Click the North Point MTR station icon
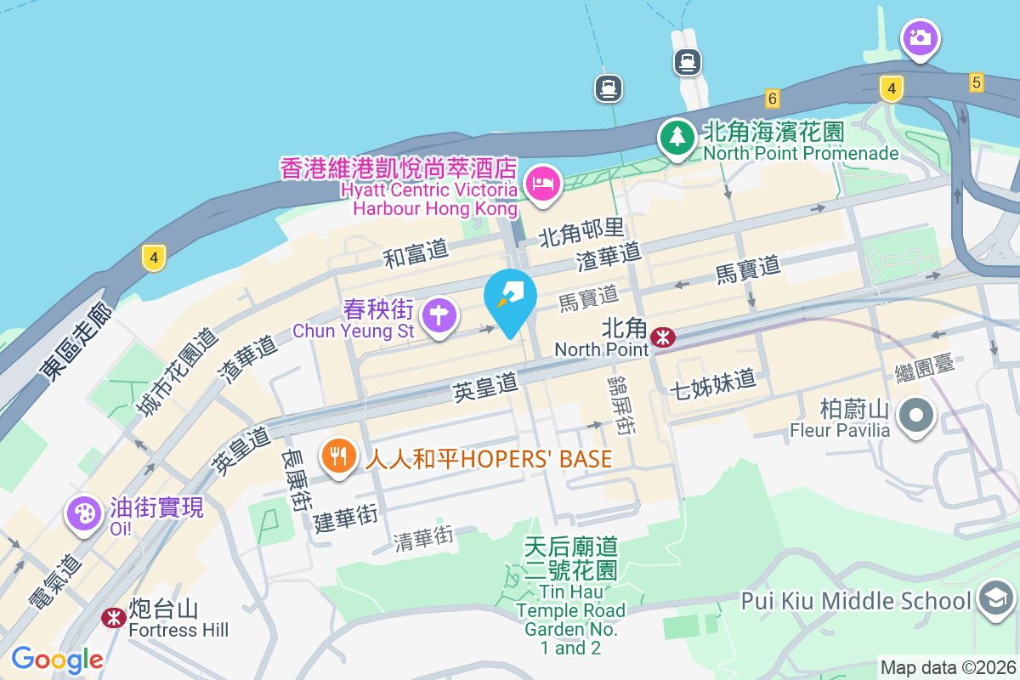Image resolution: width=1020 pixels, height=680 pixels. tap(663, 338)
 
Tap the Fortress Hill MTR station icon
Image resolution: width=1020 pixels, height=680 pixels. tap(113, 618)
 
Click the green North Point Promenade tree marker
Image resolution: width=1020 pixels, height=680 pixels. tap(677, 137)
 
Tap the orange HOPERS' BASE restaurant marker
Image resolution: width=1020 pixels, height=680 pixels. tap(338, 456)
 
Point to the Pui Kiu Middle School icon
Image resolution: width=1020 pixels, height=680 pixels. tap(994, 598)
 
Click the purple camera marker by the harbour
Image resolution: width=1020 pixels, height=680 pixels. tap(919, 38)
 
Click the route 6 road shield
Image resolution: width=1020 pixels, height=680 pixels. tap(772, 98)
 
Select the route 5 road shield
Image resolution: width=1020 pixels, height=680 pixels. tap(976, 82)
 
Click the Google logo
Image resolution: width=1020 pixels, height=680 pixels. tap(57, 660)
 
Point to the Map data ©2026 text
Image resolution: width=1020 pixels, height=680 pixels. tap(947, 668)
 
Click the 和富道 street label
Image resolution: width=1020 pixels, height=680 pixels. tap(416, 252)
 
